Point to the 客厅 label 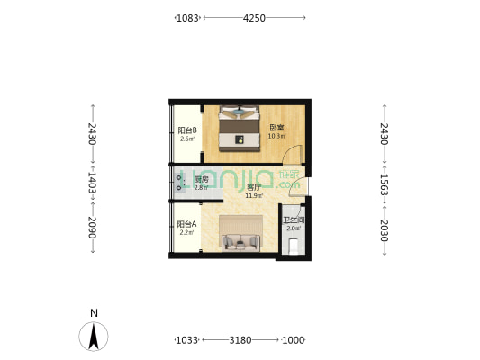pos(254,187)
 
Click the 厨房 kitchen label pos(201,180)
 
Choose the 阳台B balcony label pos(186,130)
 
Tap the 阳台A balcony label pos(186,224)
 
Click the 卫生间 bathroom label pos(294,220)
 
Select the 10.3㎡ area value pos(276,136)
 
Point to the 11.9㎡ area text pos(254,195)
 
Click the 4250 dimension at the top pos(254,18)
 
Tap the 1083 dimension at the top pos(187,18)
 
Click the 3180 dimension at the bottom pos(240,340)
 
